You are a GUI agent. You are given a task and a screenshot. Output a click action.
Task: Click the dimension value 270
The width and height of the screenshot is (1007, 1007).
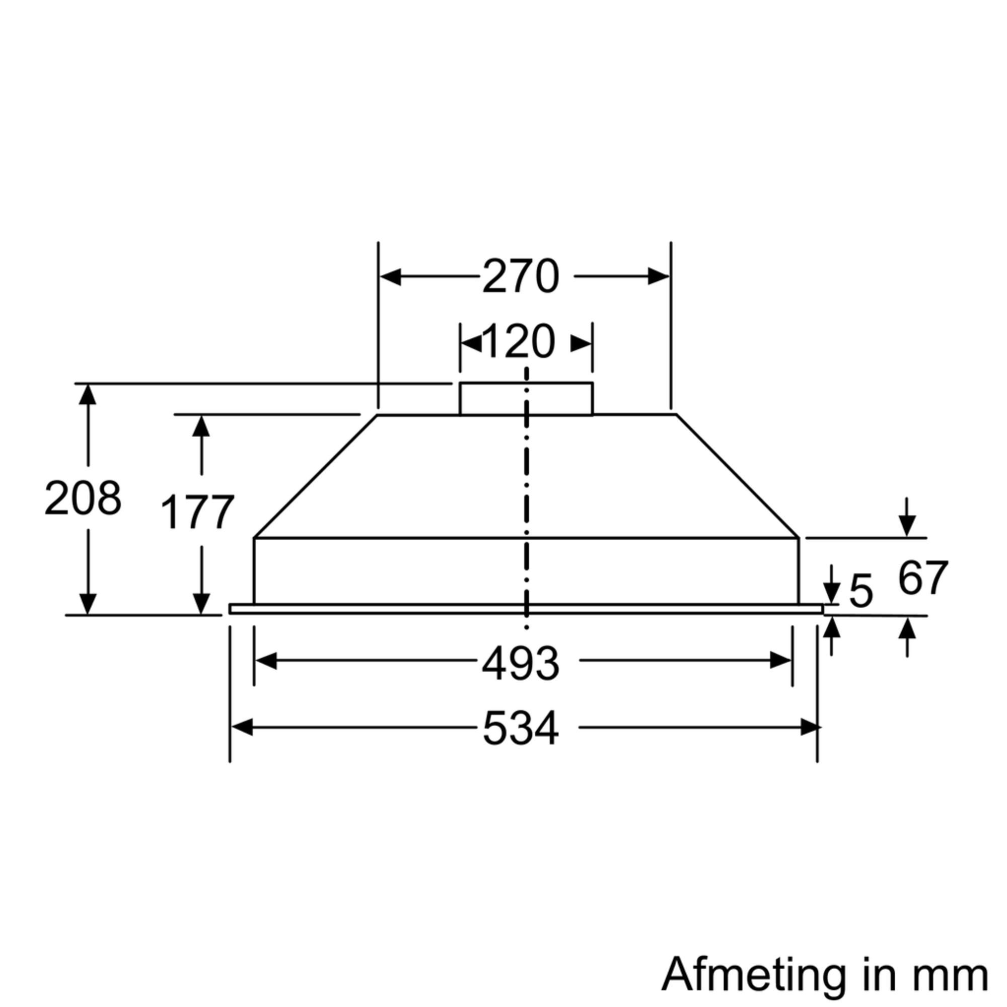(x=520, y=277)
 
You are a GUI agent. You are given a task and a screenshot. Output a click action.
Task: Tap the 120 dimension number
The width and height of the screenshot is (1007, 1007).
(x=519, y=342)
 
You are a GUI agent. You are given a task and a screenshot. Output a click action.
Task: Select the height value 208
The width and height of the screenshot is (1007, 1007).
(x=83, y=498)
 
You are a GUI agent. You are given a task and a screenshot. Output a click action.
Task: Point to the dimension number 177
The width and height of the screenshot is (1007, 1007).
(x=197, y=513)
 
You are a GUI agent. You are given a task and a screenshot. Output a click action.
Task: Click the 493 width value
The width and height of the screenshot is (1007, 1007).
(x=520, y=664)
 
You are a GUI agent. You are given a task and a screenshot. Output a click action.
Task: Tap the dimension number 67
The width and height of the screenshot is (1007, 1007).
(x=922, y=578)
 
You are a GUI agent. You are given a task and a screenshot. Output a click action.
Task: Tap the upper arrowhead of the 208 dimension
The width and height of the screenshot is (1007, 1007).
(x=88, y=395)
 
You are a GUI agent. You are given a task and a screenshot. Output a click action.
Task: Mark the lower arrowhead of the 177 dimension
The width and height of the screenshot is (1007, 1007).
(x=201, y=604)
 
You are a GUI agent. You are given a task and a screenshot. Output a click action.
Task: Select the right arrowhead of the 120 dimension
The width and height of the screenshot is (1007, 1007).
(x=581, y=344)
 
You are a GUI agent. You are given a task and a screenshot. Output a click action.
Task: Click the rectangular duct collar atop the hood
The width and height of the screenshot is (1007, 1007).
(x=526, y=399)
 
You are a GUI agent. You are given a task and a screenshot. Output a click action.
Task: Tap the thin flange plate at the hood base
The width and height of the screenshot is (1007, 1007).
(x=526, y=609)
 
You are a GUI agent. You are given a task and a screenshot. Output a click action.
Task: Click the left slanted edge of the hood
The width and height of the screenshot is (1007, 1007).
(x=315, y=476)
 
